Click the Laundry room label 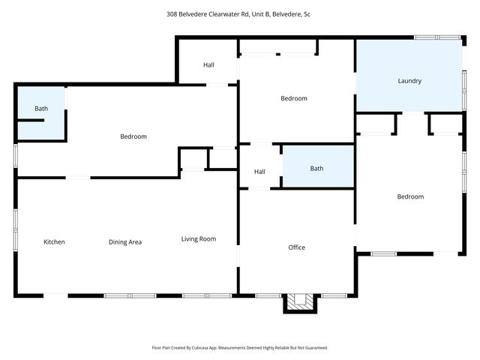point(409,81)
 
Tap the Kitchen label point(54,241)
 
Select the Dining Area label point(125,241)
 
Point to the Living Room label point(199,239)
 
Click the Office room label point(296,247)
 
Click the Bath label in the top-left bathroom point(41,109)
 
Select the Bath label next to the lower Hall point(317,169)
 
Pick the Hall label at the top point(208,65)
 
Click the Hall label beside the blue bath point(259,172)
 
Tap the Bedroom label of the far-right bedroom point(410,196)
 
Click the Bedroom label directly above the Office point(294,98)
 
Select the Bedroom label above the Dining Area point(133,136)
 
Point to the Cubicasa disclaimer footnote point(240,347)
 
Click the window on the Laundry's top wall point(438,37)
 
